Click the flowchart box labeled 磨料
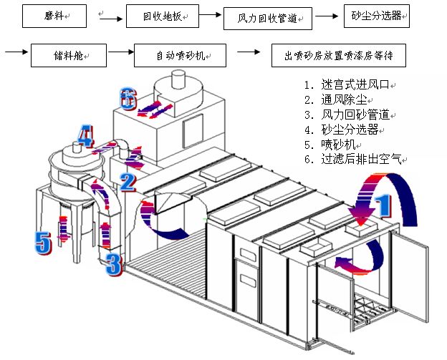click(x=54, y=16)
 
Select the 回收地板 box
click(x=163, y=16)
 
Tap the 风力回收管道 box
click(x=268, y=19)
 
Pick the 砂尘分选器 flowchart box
click(x=377, y=16)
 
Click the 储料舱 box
click(x=69, y=55)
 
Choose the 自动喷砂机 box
click(x=181, y=55)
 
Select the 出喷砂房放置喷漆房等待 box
click(x=339, y=55)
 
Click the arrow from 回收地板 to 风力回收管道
click(x=211, y=14)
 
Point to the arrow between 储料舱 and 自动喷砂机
click(x=121, y=52)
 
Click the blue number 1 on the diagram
click(x=383, y=205)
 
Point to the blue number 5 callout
click(x=43, y=243)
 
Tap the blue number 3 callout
click(x=114, y=265)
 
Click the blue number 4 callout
click(x=85, y=136)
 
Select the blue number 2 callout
click(x=128, y=183)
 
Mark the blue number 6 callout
click(x=128, y=99)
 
